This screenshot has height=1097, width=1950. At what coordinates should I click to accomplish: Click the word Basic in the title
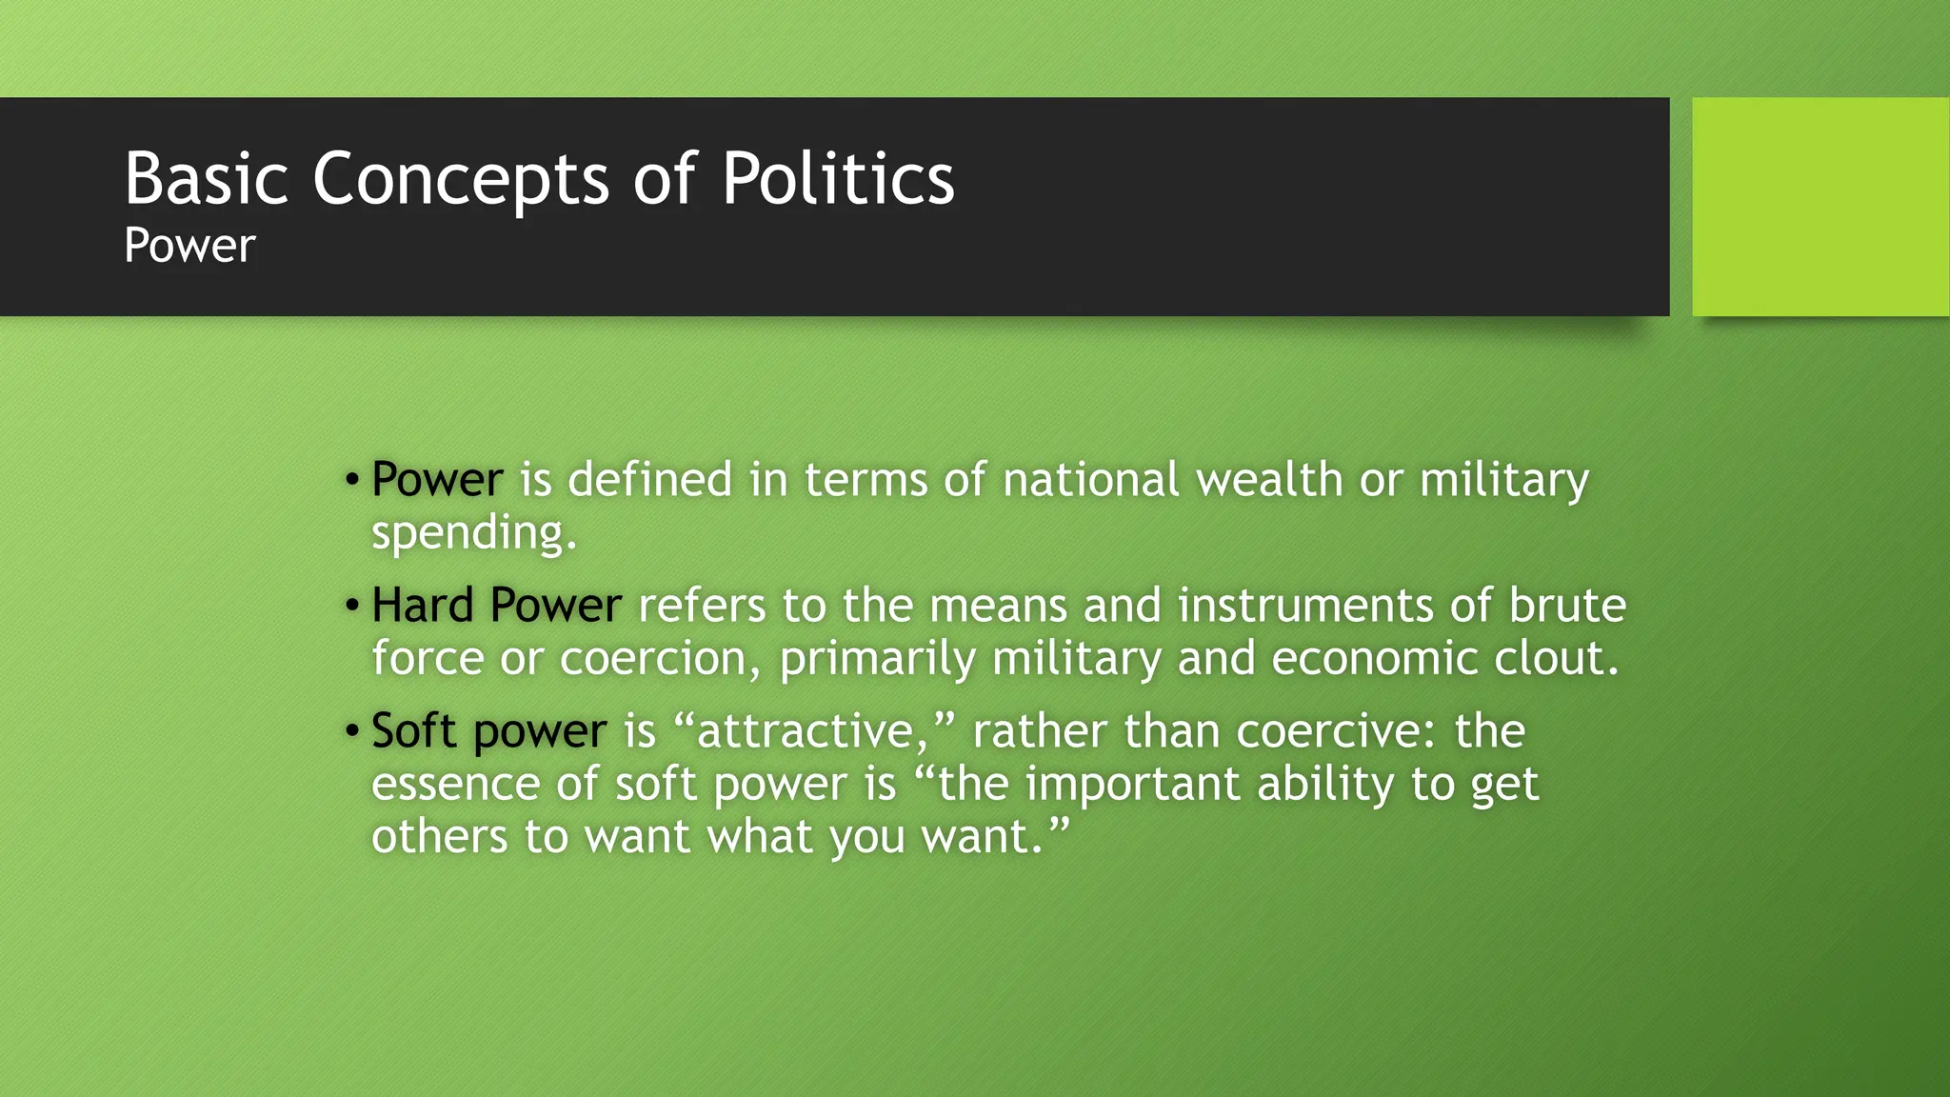pos(206,178)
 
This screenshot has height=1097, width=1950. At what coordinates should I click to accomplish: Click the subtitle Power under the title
pos(189,246)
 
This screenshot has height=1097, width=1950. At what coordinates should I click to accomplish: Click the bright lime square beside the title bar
pos(1821,207)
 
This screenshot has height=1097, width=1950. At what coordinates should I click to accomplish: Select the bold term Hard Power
pos(496,606)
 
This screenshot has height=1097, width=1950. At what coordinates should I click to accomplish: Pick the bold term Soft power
pos(488,731)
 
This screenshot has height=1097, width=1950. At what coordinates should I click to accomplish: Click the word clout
pos(1556,659)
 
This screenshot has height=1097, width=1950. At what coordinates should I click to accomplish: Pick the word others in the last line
pos(439,837)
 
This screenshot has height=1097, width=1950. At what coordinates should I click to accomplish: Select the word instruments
pos(1305,606)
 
